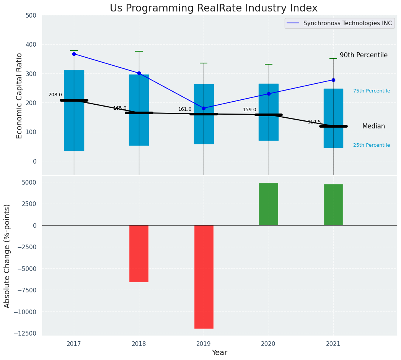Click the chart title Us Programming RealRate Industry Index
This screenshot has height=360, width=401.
tap(214, 8)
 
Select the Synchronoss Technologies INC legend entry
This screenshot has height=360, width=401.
tap(347, 23)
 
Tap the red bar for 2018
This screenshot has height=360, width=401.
tap(139, 253)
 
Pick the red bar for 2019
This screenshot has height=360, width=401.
tap(204, 277)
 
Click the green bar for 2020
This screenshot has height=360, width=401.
tap(269, 204)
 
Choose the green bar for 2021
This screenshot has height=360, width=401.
tap(333, 205)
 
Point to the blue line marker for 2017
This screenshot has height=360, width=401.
tap(74, 54)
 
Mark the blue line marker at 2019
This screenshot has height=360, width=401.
tap(204, 108)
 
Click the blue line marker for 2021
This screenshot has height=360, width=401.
tap(333, 80)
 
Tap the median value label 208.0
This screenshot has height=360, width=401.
tap(55, 95)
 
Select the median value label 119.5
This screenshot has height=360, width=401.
tap(314, 122)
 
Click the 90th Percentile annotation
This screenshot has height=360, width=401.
tap(364, 55)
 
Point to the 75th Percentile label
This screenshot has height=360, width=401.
tap(372, 91)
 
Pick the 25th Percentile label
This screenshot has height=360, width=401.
tap(372, 145)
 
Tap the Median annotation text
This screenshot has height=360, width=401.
tap(373, 126)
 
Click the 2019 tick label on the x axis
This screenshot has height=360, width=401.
tap(204, 344)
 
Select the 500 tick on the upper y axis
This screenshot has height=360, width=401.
tap(31, 15)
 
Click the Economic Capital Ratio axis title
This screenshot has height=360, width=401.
tap(20, 96)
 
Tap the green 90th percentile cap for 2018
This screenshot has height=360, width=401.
tap(139, 51)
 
